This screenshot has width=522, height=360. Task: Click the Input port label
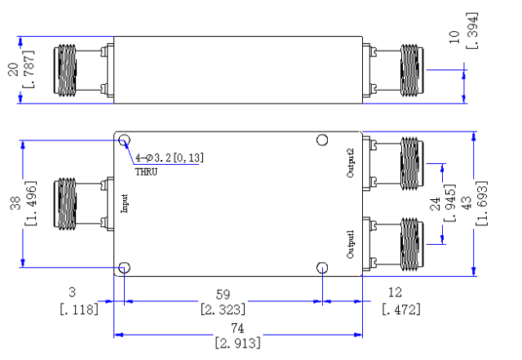pos(125,203)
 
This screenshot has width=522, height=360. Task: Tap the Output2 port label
pos(351,163)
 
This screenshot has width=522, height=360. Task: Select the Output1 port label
pos(351,244)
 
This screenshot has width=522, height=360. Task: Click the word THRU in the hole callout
pos(146,172)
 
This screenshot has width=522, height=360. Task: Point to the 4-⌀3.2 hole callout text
pos(170,158)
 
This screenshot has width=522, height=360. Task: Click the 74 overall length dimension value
pos(237,328)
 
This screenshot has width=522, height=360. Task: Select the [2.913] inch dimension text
pos(237,343)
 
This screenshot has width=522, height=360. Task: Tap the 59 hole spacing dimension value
pos(223,295)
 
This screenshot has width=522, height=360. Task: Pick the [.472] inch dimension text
pos(401,309)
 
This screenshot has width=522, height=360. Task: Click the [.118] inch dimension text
pos(79,309)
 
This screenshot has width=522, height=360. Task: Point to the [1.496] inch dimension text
pos(31,203)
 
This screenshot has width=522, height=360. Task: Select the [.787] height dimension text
pos(29,69)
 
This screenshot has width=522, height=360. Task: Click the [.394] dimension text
pos(472,31)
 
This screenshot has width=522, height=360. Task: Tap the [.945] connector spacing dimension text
pos(449,203)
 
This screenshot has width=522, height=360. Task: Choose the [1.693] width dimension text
pos(482,203)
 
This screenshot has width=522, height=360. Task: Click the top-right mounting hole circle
pos(322,140)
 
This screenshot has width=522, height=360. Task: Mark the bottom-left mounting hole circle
pos(125,268)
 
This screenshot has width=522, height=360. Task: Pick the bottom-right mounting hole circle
pos(322,268)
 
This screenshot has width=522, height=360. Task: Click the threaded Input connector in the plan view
pos(65,203)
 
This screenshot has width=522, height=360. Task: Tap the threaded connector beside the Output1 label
pos(412,244)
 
